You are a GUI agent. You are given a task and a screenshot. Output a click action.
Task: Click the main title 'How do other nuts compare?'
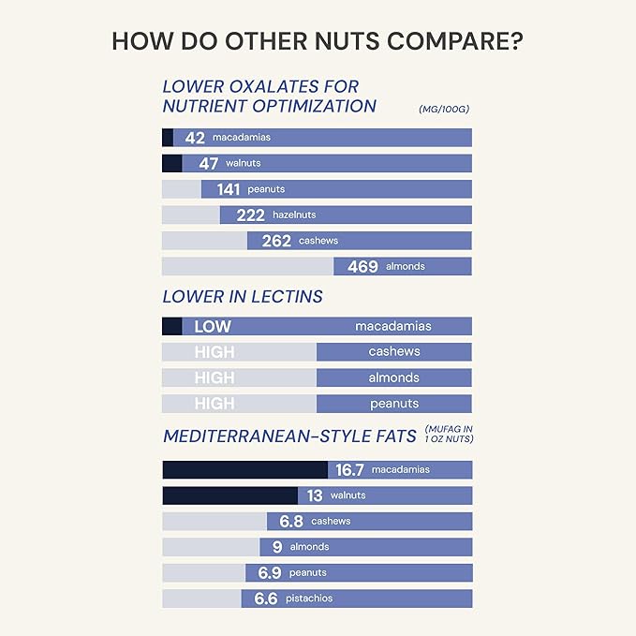(x=318, y=42)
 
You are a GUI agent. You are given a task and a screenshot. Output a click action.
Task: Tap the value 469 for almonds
(x=362, y=267)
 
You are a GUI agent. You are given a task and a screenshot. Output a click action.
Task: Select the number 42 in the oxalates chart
(x=195, y=138)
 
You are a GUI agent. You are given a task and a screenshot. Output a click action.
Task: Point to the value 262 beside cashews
(x=276, y=241)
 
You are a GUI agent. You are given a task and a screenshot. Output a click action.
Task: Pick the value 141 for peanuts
(x=229, y=189)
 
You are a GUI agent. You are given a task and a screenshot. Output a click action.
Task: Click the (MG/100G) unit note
(x=444, y=110)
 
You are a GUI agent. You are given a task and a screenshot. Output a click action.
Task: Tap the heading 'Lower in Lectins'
(x=243, y=297)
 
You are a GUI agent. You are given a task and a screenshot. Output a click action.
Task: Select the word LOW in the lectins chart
(x=213, y=327)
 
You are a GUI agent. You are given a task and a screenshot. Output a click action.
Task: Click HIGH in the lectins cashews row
(x=214, y=352)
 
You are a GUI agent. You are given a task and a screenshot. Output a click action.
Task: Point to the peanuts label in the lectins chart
(x=394, y=404)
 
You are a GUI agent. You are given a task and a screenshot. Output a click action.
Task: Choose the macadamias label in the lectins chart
(x=393, y=327)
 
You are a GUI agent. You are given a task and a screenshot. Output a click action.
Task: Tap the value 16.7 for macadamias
(x=349, y=470)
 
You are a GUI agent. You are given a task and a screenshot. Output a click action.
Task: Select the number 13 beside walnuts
(x=314, y=495)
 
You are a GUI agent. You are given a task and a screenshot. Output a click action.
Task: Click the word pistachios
(x=311, y=599)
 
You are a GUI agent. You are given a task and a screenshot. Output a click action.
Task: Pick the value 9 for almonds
(x=276, y=547)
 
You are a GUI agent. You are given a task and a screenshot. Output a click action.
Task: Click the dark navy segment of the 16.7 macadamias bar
(x=244, y=470)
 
